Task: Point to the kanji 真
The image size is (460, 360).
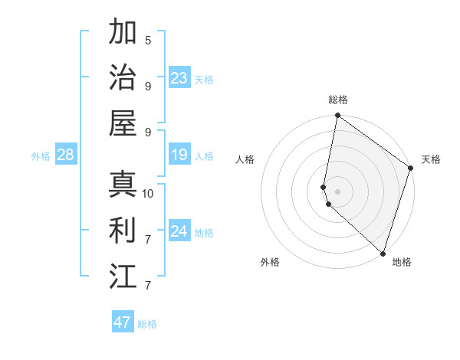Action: tap(123, 185)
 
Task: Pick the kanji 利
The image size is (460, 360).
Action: tap(123, 230)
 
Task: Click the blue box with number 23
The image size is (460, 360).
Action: tap(179, 78)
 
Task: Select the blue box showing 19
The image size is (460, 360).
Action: tap(179, 155)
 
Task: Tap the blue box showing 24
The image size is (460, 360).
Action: tap(179, 232)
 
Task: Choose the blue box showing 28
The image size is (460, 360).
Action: tap(65, 155)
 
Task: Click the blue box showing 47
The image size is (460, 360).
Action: tap(122, 322)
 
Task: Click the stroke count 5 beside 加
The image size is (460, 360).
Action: tap(148, 41)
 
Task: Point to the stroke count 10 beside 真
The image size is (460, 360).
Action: tap(148, 193)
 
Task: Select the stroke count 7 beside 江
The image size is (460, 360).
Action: tap(148, 286)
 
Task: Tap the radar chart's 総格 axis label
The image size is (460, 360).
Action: tap(338, 100)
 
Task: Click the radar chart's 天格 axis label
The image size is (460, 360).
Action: tap(431, 159)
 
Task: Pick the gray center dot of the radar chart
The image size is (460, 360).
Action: tap(338, 191)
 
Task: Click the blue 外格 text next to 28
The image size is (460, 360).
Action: tap(41, 156)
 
